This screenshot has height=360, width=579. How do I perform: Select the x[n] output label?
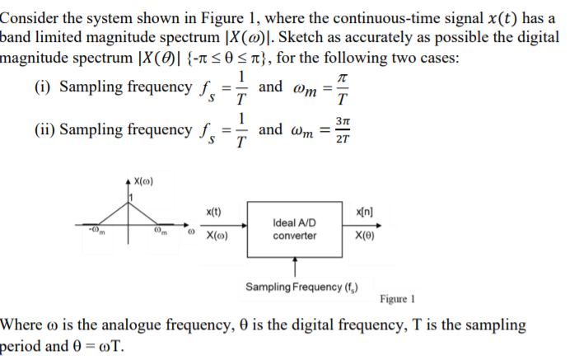(363, 211)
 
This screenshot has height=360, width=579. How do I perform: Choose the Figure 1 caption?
(401, 299)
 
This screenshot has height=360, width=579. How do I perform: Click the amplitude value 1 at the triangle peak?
(130, 195)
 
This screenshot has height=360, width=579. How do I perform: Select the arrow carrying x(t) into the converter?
(220, 222)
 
